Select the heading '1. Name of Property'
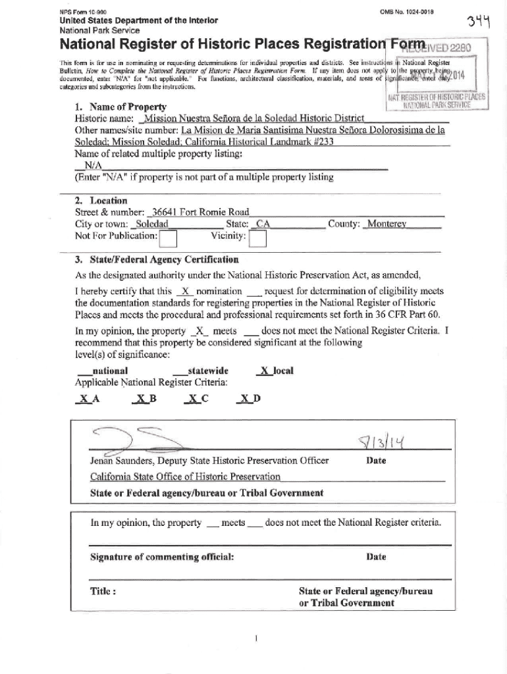click(x=120, y=107)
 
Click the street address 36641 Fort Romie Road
click(x=200, y=212)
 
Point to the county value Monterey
click(x=388, y=224)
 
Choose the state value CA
click(x=263, y=224)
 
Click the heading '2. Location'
click(x=101, y=200)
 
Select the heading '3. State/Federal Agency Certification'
click(x=157, y=260)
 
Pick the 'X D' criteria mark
click(x=250, y=399)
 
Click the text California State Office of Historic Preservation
click(x=185, y=477)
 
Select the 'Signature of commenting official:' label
click(x=162, y=557)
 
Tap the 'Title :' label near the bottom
click(x=103, y=590)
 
